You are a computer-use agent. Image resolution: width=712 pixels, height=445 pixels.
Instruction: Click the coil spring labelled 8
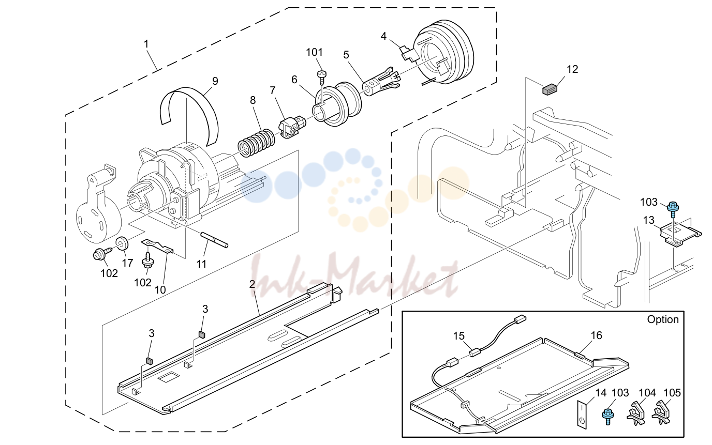point(256,143)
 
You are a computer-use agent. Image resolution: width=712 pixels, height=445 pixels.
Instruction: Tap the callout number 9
point(215,81)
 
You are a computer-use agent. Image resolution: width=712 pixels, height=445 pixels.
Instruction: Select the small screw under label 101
point(322,76)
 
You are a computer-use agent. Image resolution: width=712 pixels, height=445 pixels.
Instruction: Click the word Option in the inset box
point(663,319)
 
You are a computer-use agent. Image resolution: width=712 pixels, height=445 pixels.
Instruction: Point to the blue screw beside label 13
point(673,210)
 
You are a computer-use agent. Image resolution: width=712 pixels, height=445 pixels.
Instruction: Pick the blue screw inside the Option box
point(608,416)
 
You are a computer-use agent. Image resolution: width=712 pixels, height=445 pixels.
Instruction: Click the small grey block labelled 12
point(550,89)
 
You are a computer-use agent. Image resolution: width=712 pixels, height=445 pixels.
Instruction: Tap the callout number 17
point(127,263)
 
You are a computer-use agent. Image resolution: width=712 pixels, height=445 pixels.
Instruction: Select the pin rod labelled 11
point(214,240)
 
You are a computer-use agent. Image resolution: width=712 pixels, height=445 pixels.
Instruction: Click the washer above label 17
point(122,243)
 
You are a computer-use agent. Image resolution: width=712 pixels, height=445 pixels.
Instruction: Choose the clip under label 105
point(661,412)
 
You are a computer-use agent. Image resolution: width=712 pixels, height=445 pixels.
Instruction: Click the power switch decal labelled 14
point(582,414)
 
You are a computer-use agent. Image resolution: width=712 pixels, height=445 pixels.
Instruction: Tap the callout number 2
point(252,284)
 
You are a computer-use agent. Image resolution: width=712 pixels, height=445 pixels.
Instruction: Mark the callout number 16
point(596,335)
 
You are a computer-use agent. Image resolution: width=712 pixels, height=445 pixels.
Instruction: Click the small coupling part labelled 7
point(292,127)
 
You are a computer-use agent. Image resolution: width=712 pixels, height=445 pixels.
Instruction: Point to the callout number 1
point(146,44)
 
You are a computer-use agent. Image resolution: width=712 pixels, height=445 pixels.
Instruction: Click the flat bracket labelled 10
point(157,247)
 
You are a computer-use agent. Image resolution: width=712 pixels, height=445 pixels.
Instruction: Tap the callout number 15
point(458,336)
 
